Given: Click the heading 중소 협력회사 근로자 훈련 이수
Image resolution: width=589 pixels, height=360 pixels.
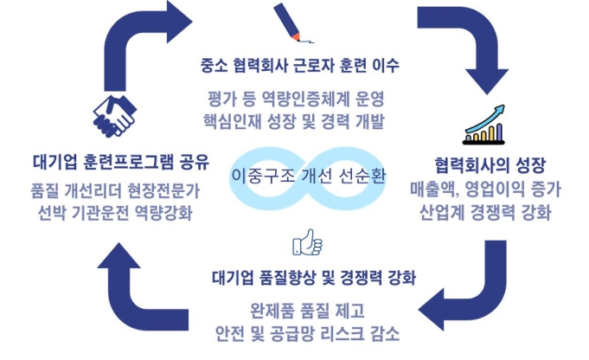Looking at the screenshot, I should point(299,66).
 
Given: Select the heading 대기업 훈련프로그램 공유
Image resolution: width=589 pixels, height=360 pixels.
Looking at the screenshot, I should point(112,161).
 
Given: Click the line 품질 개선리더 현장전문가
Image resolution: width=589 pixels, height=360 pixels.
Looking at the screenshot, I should point(112,190).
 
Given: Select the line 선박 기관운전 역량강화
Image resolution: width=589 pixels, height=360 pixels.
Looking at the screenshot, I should point(112,213).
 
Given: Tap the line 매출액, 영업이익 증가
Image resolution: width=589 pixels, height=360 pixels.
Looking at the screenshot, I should point(491,187).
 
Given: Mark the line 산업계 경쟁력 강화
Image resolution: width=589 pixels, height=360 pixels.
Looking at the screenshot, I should point(491,210).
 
